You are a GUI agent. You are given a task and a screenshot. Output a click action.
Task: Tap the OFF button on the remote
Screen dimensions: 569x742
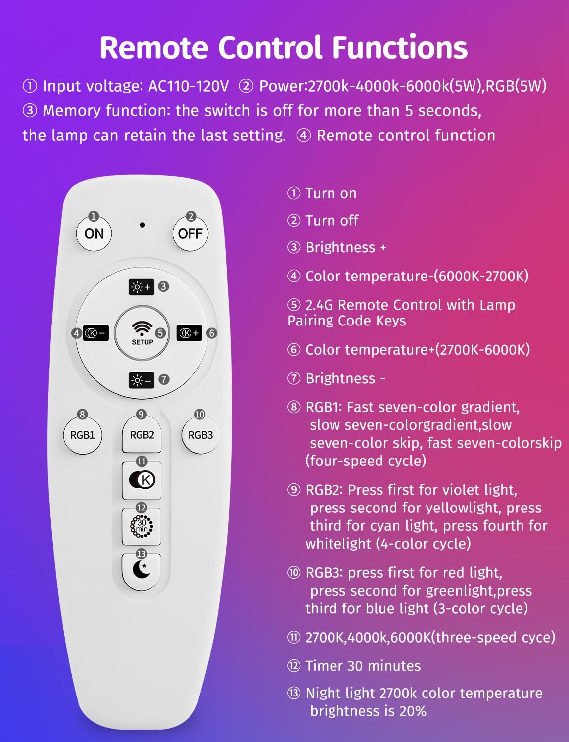190,234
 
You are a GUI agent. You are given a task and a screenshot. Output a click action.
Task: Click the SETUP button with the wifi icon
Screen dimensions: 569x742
142,333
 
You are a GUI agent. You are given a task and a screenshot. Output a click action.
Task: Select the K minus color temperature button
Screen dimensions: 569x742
96,333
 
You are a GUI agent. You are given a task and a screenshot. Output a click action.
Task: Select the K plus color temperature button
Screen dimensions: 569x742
189,333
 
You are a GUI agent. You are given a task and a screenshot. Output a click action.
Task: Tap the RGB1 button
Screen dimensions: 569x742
82,435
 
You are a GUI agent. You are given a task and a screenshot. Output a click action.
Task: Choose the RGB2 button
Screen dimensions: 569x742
142,435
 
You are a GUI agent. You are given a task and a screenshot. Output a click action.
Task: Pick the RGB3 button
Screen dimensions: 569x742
200,435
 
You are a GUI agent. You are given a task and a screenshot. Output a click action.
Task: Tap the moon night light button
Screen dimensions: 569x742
142,571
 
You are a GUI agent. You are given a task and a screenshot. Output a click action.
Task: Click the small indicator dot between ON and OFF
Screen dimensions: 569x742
142,225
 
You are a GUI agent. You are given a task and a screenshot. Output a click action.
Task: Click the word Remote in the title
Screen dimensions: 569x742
154,47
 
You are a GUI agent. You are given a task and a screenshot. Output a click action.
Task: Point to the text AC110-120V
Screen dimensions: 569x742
188,86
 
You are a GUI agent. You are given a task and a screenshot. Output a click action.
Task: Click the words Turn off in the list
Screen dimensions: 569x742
332,221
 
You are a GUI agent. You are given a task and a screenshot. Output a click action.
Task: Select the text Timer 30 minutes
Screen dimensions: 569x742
363,666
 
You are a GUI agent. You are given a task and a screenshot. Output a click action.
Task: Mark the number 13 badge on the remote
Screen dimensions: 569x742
141,554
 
